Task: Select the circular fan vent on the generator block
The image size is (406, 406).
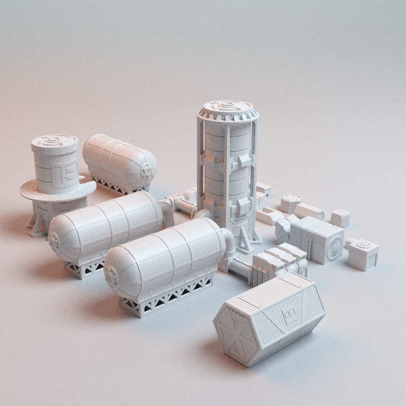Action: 334,249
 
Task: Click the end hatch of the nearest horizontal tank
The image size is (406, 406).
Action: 112,277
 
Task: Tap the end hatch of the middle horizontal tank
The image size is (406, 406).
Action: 55,241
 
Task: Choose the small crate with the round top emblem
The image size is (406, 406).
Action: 363,253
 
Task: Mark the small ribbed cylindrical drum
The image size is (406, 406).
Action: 290,203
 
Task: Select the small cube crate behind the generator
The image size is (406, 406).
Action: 340,218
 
